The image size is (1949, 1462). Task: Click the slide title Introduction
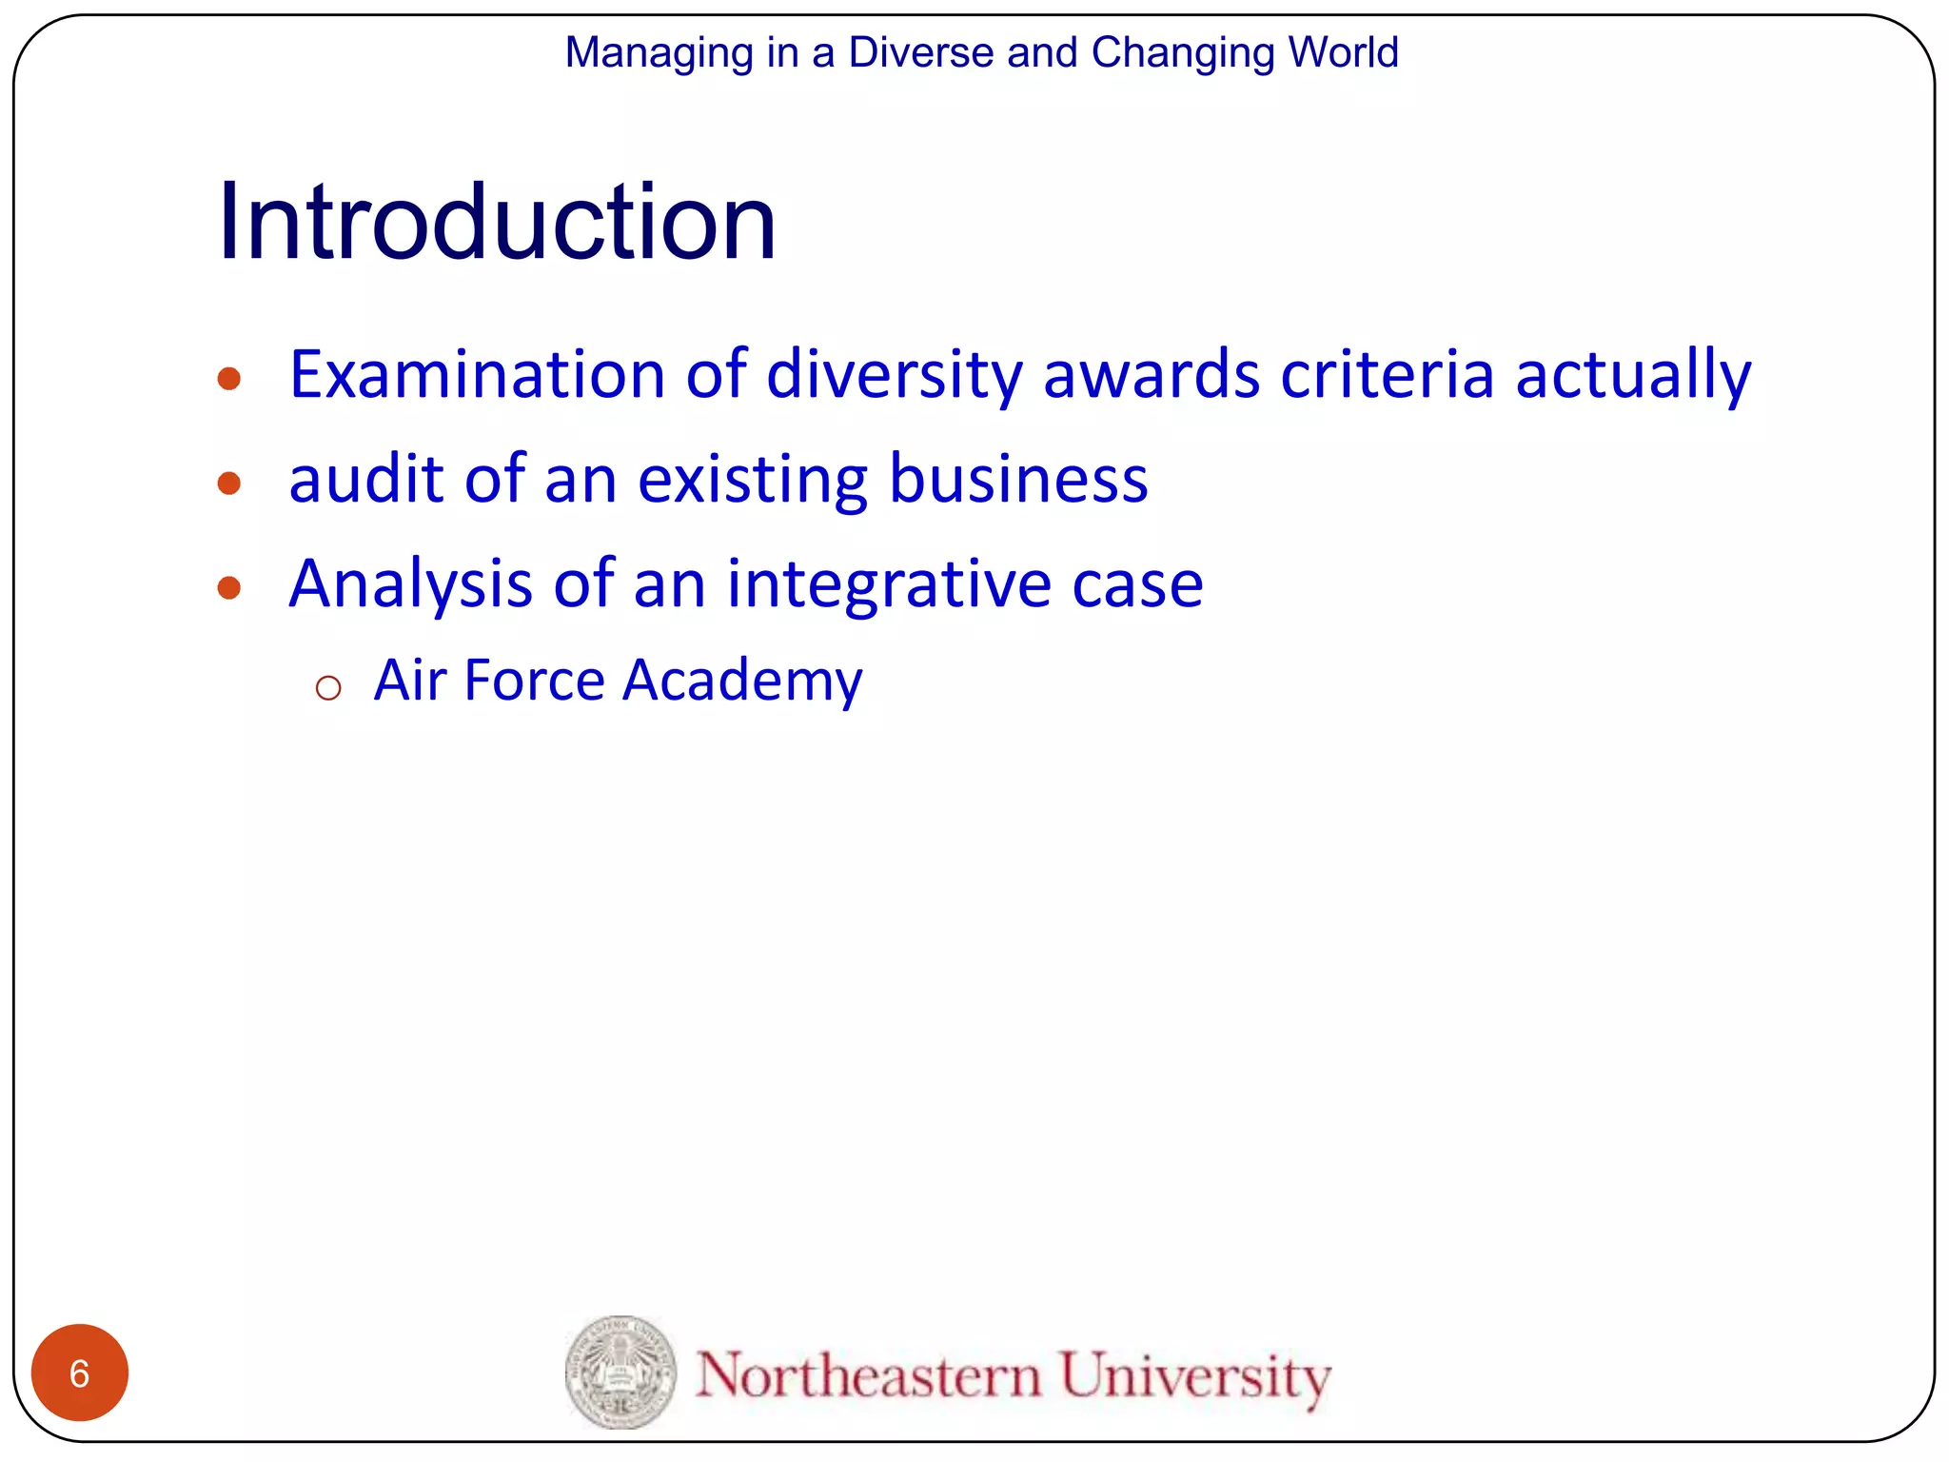[497, 223]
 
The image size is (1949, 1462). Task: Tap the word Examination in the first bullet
[477, 375]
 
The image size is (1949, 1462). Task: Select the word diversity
[894, 375]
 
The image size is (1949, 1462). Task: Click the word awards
[1151, 375]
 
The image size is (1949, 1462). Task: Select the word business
[1018, 479]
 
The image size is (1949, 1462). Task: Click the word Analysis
[410, 583]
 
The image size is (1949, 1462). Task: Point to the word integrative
[889, 583]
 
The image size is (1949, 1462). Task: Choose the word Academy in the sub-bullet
[743, 682]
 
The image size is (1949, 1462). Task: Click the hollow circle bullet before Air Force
[328, 688]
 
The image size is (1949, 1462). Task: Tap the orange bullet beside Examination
[228, 380]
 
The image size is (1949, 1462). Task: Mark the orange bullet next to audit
[228, 484]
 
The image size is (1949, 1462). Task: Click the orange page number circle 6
[80, 1373]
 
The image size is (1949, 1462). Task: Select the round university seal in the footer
[620, 1373]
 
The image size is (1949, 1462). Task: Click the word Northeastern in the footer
[868, 1376]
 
